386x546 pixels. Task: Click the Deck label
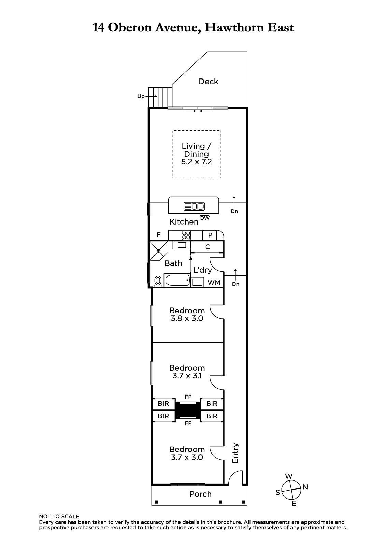(x=208, y=82)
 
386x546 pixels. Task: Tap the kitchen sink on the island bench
(x=194, y=206)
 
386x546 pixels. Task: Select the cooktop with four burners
(x=186, y=235)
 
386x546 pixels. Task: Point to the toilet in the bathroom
(x=158, y=281)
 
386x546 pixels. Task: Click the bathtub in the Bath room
(x=177, y=280)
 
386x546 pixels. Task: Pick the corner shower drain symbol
(x=158, y=250)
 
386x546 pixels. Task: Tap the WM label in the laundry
(x=214, y=283)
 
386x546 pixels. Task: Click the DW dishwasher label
(x=204, y=218)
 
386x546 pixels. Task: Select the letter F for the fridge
(x=158, y=235)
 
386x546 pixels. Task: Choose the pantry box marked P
(x=210, y=235)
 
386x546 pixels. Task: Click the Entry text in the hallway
(x=235, y=453)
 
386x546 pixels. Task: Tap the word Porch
(x=200, y=494)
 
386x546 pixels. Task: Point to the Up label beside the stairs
(x=141, y=96)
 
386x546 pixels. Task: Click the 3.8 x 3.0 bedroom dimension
(x=187, y=318)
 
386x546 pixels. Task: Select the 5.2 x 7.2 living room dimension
(x=196, y=162)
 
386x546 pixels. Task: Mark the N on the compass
(x=305, y=487)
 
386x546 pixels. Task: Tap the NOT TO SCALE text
(x=59, y=517)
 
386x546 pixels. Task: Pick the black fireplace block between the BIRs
(x=188, y=410)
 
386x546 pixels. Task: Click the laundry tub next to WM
(x=197, y=282)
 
